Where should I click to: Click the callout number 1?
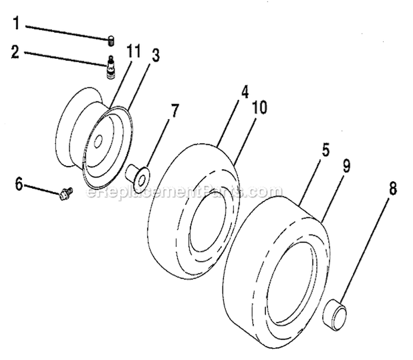click(x=16, y=24)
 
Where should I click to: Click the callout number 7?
click(x=175, y=110)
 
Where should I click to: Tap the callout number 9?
click(x=346, y=165)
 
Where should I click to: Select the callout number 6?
click(x=19, y=184)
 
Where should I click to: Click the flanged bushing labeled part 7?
click(x=138, y=176)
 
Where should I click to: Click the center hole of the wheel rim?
click(x=97, y=142)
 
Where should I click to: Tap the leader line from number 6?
click(x=41, y=187)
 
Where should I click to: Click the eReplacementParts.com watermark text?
click(x=177, y=192)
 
